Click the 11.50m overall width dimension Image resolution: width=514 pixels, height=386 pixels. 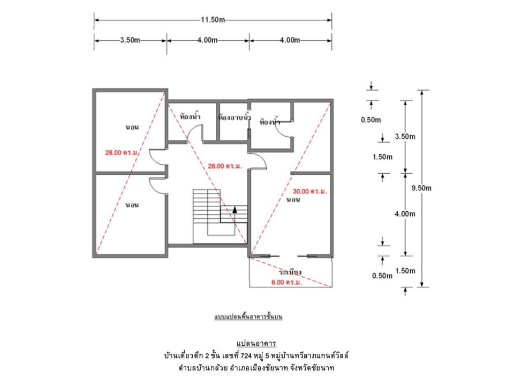point(213,20)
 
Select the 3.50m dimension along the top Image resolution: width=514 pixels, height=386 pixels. point(130,40)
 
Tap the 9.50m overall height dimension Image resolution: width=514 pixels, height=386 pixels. point(421,188)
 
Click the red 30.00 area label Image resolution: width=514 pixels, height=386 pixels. point(310,191)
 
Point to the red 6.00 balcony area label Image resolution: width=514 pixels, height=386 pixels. point(287,283)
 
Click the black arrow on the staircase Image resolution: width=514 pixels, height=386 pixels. point(235,210)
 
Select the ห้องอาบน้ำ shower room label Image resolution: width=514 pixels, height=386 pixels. point(235,117)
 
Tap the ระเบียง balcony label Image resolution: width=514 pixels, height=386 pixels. point(290,272)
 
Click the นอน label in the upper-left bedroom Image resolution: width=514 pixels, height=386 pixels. point(132,128)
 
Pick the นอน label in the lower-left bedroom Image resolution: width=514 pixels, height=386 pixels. point(132,205)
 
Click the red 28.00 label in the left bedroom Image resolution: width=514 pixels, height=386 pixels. point(122,153)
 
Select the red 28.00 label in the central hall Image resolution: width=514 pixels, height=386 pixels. point(225,166)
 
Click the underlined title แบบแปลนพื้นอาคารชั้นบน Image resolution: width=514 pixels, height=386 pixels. point(248,317)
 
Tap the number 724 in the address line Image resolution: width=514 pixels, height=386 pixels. point(246,355)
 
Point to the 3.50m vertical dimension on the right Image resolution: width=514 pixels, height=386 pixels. point(405,137)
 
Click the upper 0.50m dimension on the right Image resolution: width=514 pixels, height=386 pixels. point(371,120)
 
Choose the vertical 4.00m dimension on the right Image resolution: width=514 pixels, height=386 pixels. point(405,214)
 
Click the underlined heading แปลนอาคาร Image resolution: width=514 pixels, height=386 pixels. point(256,344)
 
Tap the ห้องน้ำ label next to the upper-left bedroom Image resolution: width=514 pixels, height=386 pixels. point(190,116)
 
